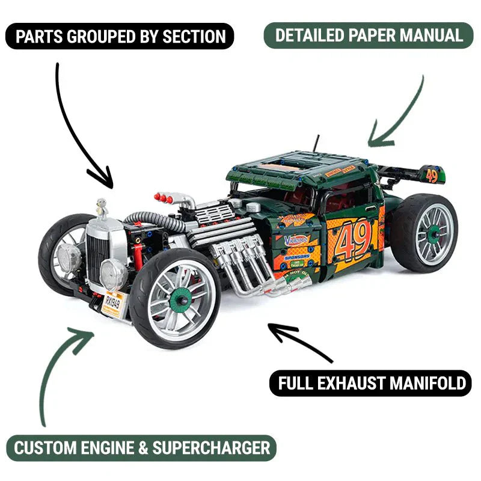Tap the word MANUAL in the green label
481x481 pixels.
click(x=430, y=35)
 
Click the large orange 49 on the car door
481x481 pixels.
click(x=355, y=238)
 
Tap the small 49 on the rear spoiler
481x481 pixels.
click(x=432, y=175)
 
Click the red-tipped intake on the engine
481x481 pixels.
click(x=164, y=197)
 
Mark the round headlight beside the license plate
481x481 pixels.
click(x=112, y=275)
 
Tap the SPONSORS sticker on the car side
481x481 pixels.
click(x=296, y=256)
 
